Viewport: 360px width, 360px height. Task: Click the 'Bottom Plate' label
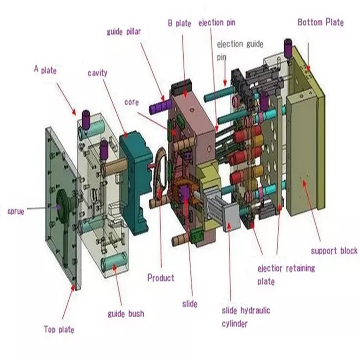pyautogui.click(x=320, y=23)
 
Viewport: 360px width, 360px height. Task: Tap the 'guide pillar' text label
pyautogui.click(x=123, y=32)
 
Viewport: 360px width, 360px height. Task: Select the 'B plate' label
pyautogui.click(x=179, y=23)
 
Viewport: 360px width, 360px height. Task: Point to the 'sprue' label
pyautogui.click(x=16, y=212)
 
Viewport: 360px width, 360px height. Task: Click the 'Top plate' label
pyautogui.click(x=59, y=329)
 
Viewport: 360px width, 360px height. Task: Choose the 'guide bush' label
pyautogui.click(x=126, y=314)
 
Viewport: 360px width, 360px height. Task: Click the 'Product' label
pyautogui.click(x=161, y=278)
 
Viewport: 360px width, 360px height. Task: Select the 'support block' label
pyautogui.click(x=334, y=251)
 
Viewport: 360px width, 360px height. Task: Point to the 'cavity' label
pyautogui.click(x=97, y=73)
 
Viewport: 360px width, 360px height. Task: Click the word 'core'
pyautogui.click(x=131, y=102)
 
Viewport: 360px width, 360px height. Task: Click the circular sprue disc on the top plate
pyautogui.click(x=65, y=202)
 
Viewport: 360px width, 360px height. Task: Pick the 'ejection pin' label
pyautogui.click(x=217, y=23)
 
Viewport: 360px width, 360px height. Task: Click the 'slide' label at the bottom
pyautogui.click(x=189, y=304)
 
